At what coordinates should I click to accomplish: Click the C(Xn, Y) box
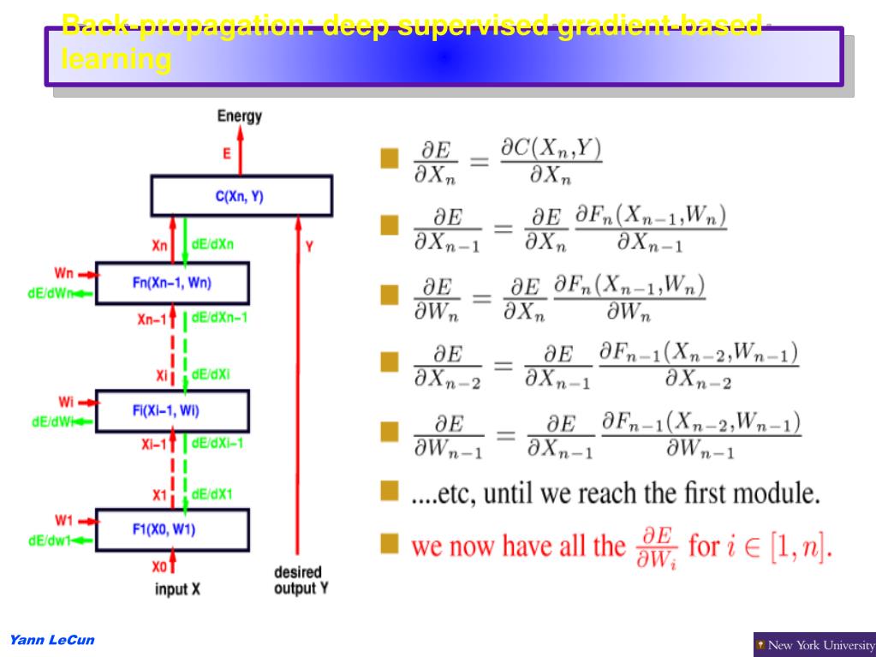(x=241, y=196)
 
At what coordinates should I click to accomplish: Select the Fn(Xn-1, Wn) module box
(x=172, y=284)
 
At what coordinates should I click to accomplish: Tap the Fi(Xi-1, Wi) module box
(x=172, y=411)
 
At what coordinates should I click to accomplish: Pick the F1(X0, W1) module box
(x=172, y=529)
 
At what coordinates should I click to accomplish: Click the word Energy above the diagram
(x=240, y=116)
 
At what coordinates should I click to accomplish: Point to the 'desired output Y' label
(x=298, y=580)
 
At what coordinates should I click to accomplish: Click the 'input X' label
(x=177, y=589)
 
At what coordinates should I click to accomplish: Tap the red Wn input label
(x=65, y=274)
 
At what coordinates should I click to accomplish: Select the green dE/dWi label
(x=50, y=421)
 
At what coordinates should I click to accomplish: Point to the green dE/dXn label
(x=212, y=244)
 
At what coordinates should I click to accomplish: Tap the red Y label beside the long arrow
(x=309, y=246)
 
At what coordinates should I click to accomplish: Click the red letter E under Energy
(x=227, y=154)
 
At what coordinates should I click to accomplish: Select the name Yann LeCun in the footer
(x=51, y=640)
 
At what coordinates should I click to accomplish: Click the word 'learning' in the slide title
(x=116, y=61)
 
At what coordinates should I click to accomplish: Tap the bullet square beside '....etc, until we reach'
(x=390, y=493)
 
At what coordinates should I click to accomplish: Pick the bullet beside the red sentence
(x=390, y=544)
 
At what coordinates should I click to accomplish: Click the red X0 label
(x=159, y=566)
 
